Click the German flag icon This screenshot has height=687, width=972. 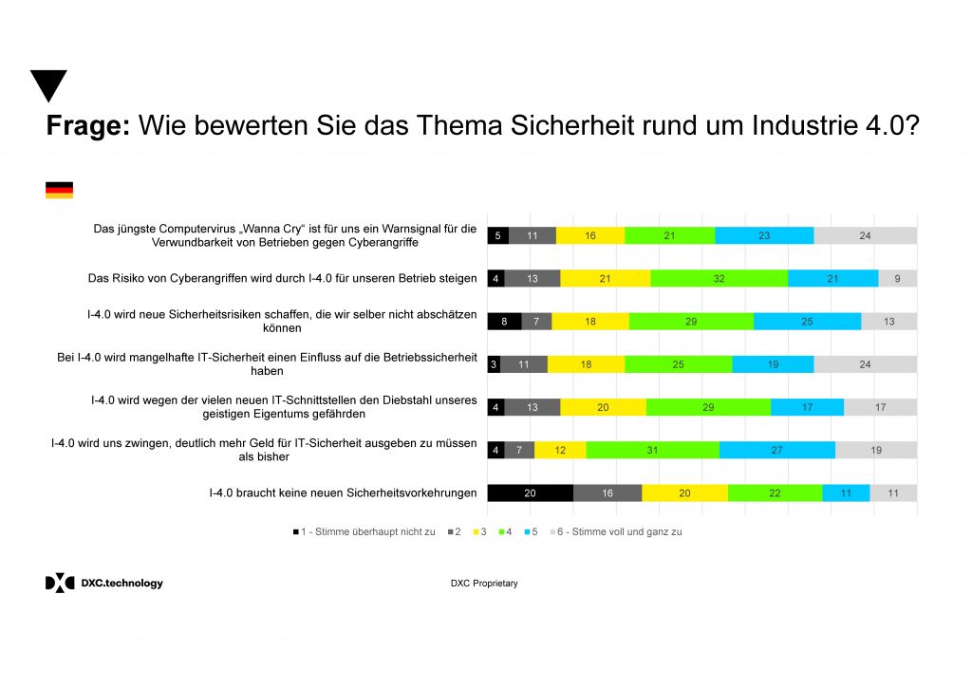59,190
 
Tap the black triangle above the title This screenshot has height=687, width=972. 48,84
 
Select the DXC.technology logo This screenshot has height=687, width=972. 104,583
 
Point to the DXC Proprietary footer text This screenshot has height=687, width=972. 484,584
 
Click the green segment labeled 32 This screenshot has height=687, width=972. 719,278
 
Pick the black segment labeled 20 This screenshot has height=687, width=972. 530,493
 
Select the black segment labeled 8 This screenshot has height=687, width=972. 504,322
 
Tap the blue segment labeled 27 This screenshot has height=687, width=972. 776,450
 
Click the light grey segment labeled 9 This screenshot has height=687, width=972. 897,278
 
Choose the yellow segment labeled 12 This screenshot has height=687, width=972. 560,450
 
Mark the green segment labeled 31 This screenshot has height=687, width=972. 652,450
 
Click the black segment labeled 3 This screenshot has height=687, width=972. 494,364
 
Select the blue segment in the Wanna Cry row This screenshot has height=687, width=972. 764,235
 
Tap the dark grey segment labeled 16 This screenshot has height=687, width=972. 607,493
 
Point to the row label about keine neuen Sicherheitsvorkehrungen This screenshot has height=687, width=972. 343,493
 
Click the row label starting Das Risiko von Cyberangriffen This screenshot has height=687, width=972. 282,278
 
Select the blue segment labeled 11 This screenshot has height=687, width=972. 846,493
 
